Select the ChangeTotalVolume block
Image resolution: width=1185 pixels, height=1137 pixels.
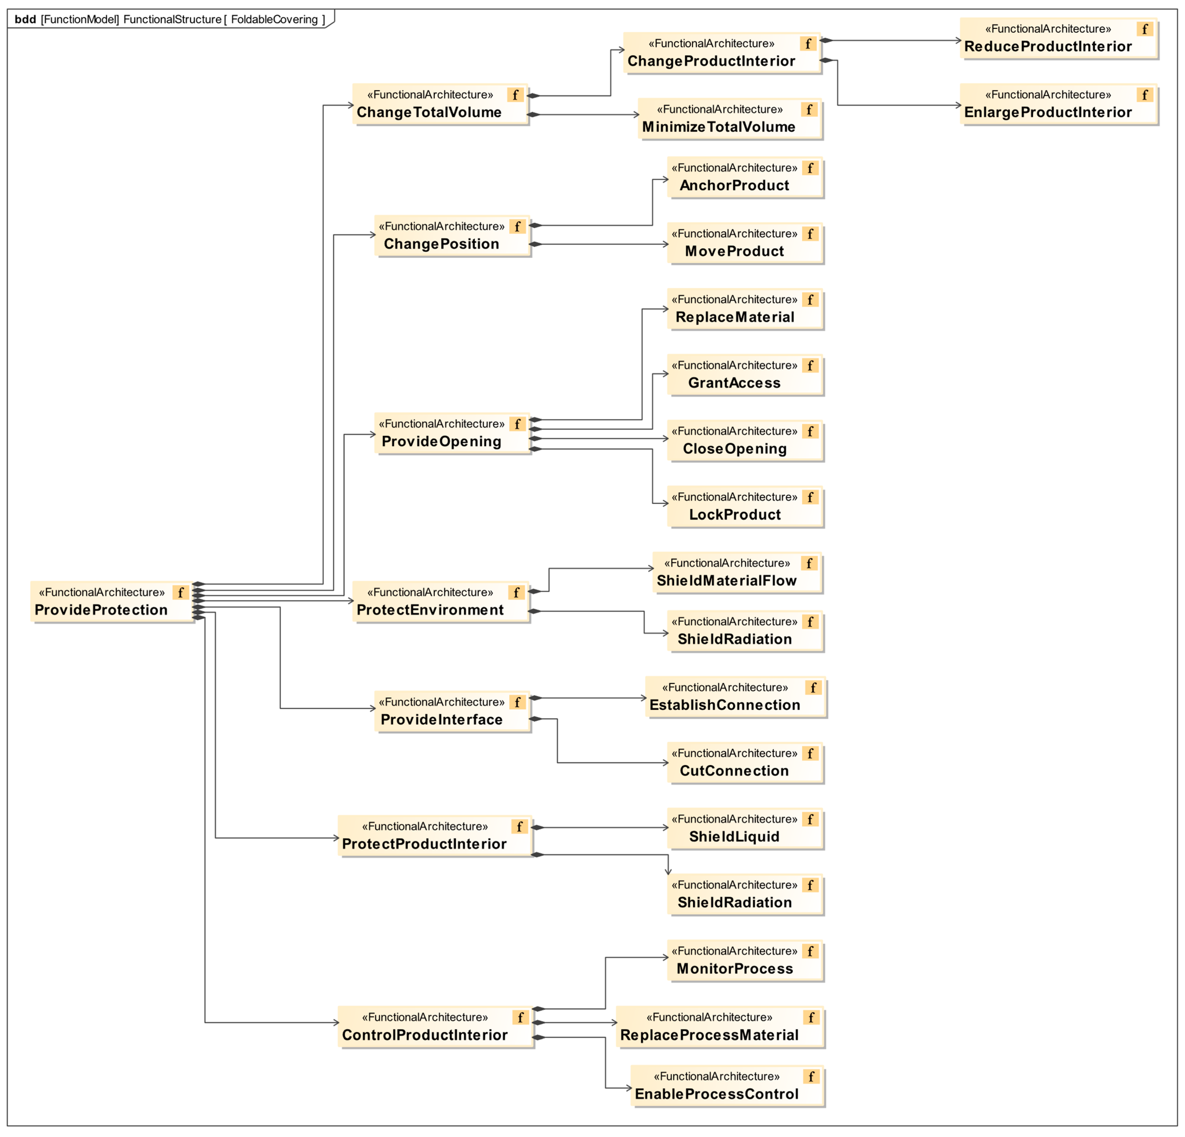440,104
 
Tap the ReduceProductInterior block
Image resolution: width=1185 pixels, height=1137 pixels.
1058,38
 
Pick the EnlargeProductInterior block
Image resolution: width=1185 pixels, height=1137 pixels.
1058,104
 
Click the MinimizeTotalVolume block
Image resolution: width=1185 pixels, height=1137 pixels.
730,119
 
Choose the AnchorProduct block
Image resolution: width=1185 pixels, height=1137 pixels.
745,177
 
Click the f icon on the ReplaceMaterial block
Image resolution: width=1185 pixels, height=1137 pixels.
810,299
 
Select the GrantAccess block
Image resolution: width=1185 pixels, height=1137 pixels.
745,375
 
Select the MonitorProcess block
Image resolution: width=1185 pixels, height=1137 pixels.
745,960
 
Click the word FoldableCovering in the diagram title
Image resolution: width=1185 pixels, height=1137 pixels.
274,19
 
